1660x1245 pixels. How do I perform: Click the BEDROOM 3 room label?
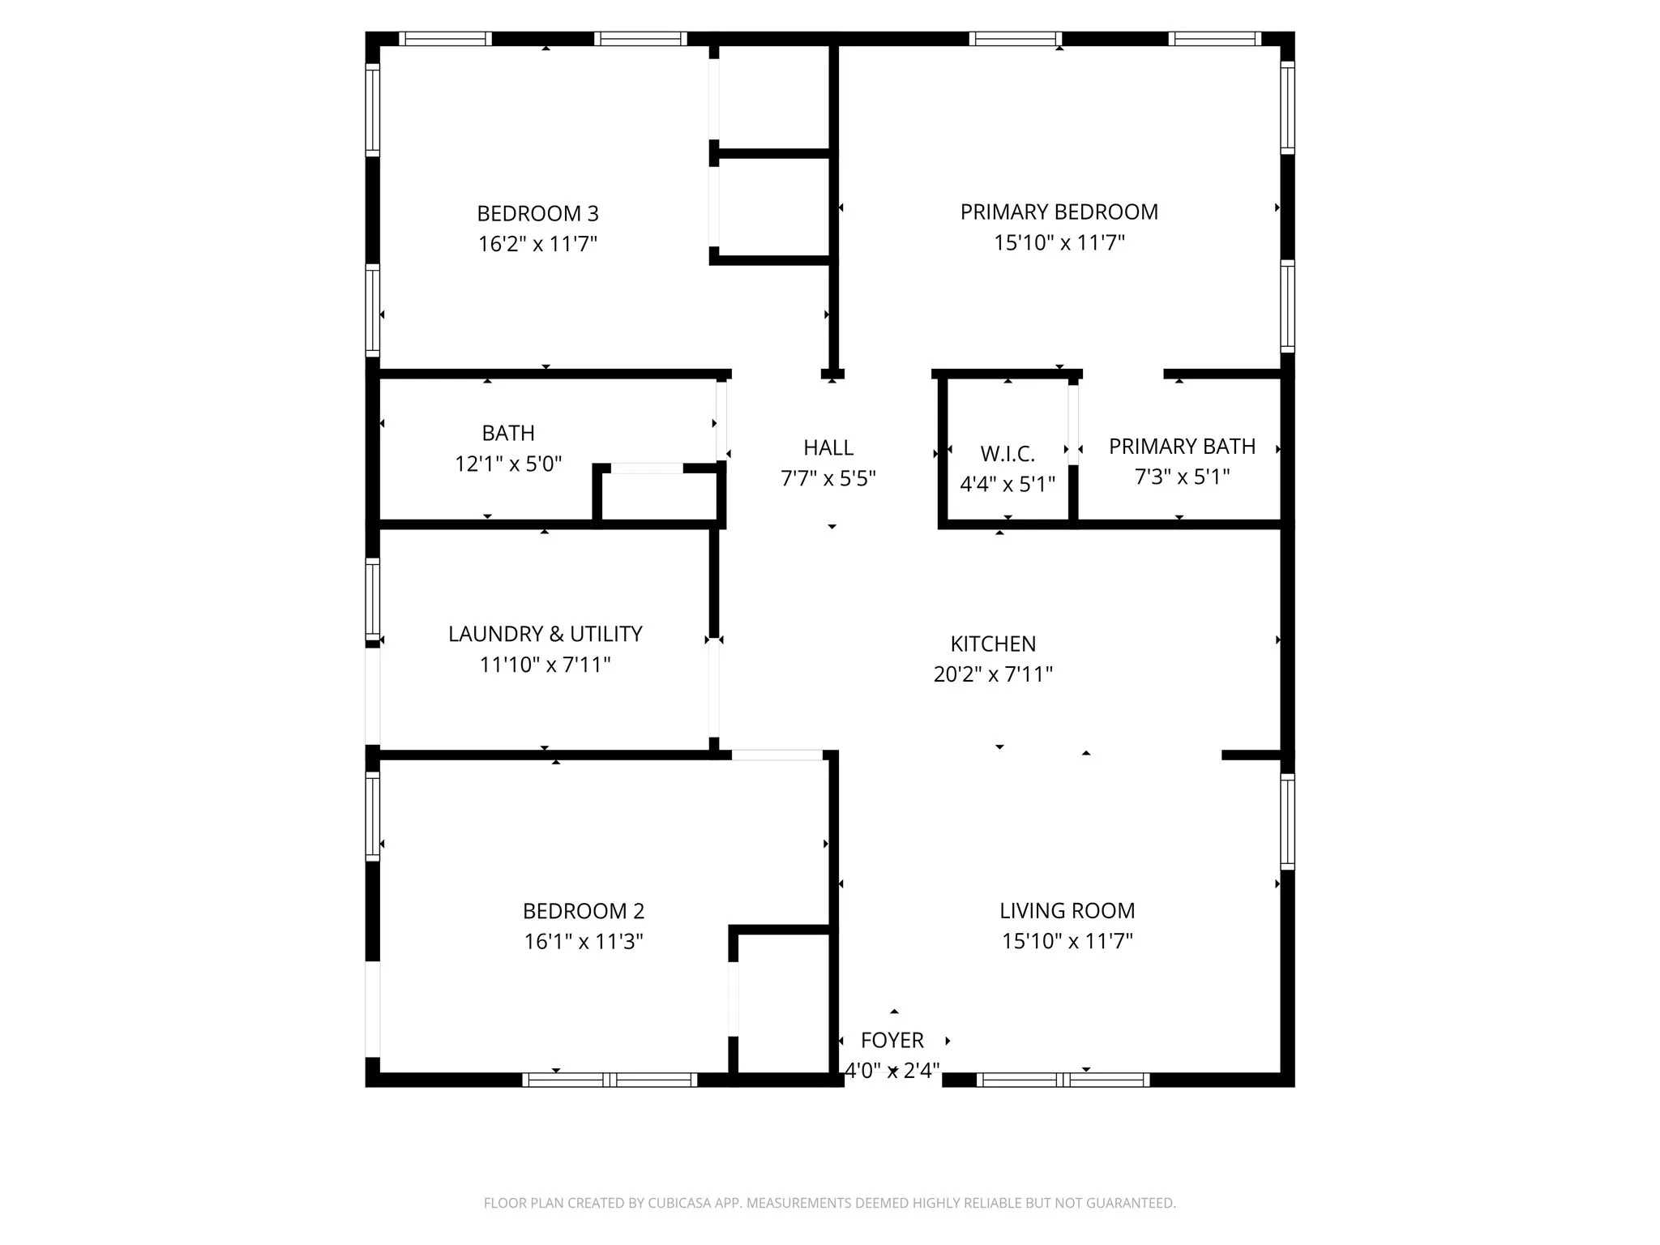click(537, 214)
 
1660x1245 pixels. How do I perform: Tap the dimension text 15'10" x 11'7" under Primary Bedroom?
click(1059, 242)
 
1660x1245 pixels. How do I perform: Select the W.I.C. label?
click(1008, 454)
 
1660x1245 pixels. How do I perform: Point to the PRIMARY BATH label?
click(1182, 447)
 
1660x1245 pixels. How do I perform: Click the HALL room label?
click(828, 447)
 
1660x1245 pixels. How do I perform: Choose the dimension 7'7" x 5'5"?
click(828, 478)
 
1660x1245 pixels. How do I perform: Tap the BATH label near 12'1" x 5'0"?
click(508, 433)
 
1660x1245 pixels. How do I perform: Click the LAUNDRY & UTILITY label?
click(545, 634)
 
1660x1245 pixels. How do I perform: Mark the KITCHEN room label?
click(993, 644)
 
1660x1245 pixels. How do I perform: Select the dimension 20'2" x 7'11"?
click(993, 674)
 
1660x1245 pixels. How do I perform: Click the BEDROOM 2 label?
click(584, 911)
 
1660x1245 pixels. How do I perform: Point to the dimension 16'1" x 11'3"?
click(584, 942)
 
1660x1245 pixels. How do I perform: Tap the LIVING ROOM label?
click(1067, 910)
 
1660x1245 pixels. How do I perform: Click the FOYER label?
click(892, 1040)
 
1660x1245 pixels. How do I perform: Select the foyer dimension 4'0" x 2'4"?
click(892, 1071)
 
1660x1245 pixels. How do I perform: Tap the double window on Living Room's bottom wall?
click(1063, 1080)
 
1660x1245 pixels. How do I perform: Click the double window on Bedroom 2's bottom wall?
click(610, 1080)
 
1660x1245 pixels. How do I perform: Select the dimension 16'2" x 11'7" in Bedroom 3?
click(537, 244)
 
